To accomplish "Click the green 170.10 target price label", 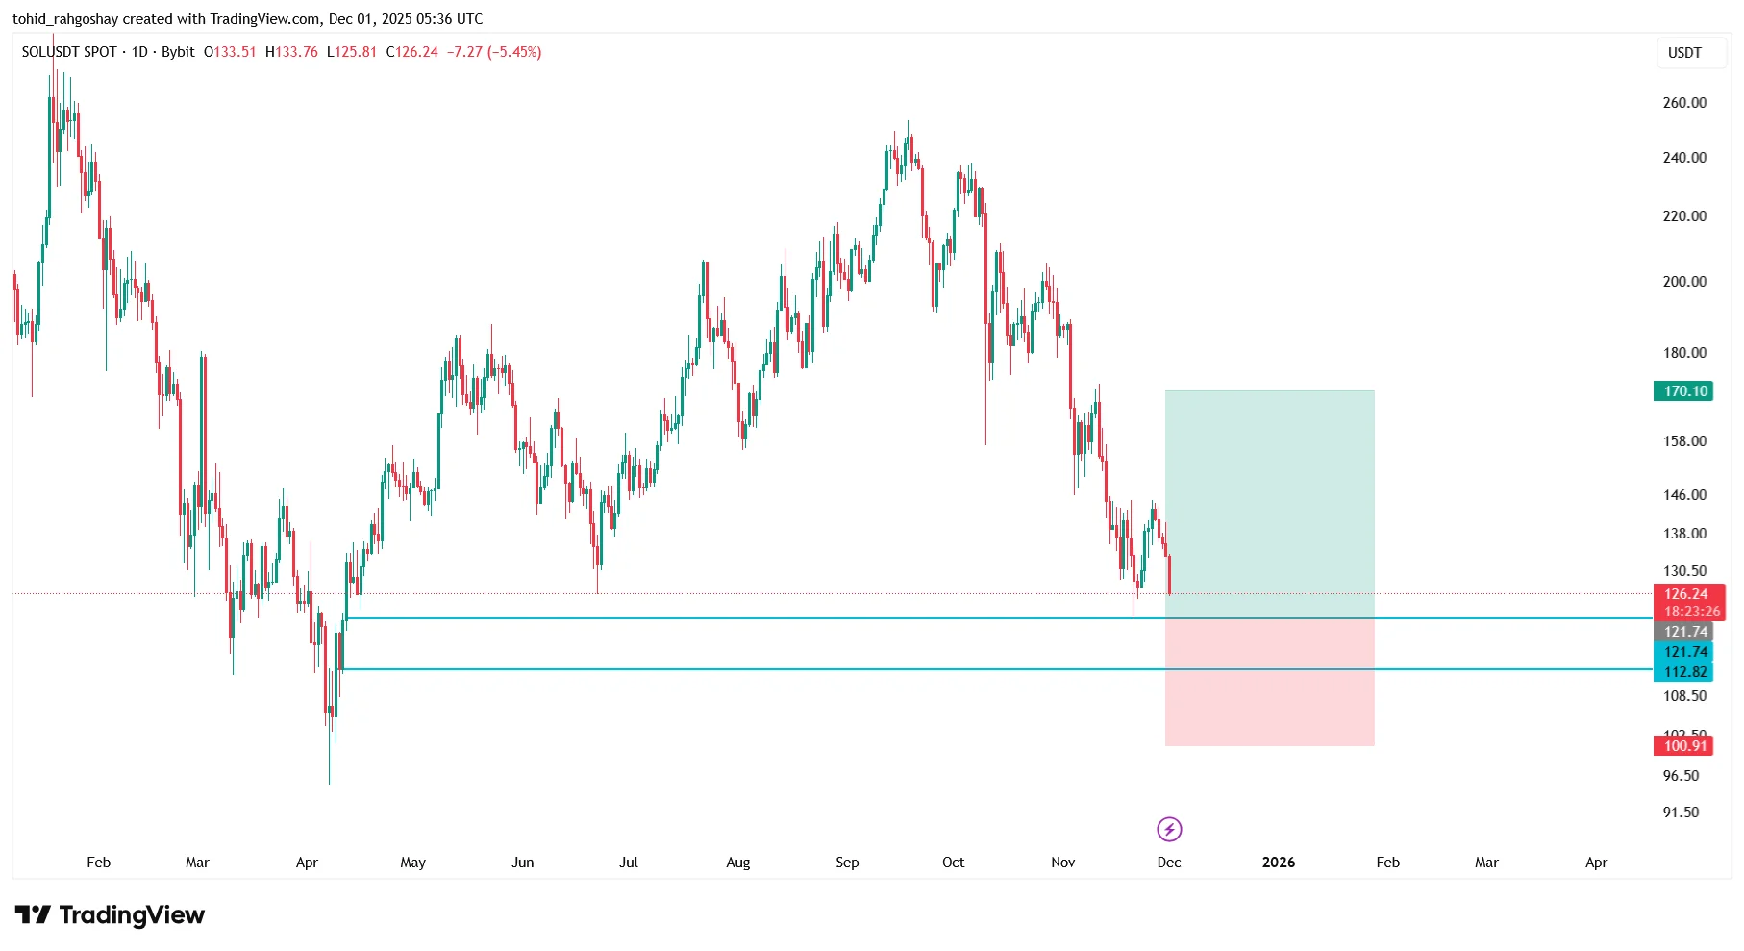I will [1684, 391].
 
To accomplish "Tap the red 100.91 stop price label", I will [1684, 746].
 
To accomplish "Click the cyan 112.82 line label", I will [1684, 672].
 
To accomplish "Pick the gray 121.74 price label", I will [1684, 632].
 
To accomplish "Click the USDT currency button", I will [1684, 53].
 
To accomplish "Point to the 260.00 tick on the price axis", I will [1684, 103].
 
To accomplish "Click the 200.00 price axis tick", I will [1684, 282].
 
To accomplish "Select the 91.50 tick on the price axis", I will [1681, 813].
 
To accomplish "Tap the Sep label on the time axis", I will [847, 863].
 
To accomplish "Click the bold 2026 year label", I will [1278, 863].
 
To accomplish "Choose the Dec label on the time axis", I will [1169, 863].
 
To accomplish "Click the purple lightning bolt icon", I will [1169, 829].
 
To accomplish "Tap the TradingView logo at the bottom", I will [110, 915].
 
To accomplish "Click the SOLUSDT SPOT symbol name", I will [69, 52].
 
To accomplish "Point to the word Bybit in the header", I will [178, 52].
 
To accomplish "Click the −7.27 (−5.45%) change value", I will [494, 52].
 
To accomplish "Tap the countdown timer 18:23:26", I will [1691, 612].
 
